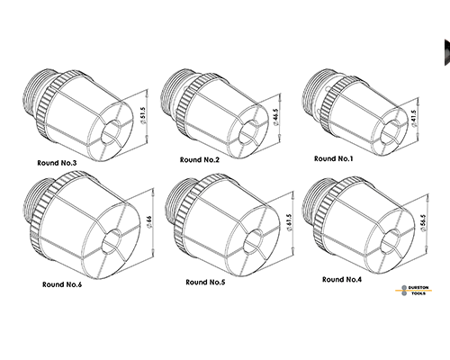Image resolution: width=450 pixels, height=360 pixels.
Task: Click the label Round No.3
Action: pyautogui.click(x=57, y=163)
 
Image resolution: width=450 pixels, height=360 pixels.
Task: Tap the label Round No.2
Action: pyautogui.click(x=200, y=160)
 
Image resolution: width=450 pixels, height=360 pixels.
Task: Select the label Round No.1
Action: pyautogui.click(x=333, y=158)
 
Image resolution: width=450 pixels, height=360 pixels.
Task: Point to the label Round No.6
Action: pyautogui.click(x=62, y=284)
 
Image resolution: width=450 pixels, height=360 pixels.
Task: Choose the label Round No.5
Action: pyautogui.click(x=205, y=282)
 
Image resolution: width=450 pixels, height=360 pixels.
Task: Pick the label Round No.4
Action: pyautogui.click(x=342, y=279)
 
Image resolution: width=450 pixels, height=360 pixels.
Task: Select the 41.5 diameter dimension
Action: pyautogui.click(x=414, y=119)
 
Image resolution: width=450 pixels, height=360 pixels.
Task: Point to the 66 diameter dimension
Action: pyautogui.click(x=149, y=222)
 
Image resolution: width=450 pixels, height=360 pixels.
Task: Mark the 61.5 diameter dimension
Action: pyautogui.click(x=289, y=222)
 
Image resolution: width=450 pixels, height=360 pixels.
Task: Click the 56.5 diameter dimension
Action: pyautogui.click(x=423, y=223)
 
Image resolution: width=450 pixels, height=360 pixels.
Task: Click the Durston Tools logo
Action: pyautogui.click(x=414, y=291)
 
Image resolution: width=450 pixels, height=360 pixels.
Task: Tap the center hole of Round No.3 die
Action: pyautogui.click(x=111, y=131)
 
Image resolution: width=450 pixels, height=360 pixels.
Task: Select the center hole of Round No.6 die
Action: pyautogui.click(x=112, y=241)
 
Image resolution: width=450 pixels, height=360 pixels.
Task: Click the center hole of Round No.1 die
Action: pyautogui.click(x=390, y=130)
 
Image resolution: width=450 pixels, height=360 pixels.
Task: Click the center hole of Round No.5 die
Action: pyautogui.click(x=253, y=241)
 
